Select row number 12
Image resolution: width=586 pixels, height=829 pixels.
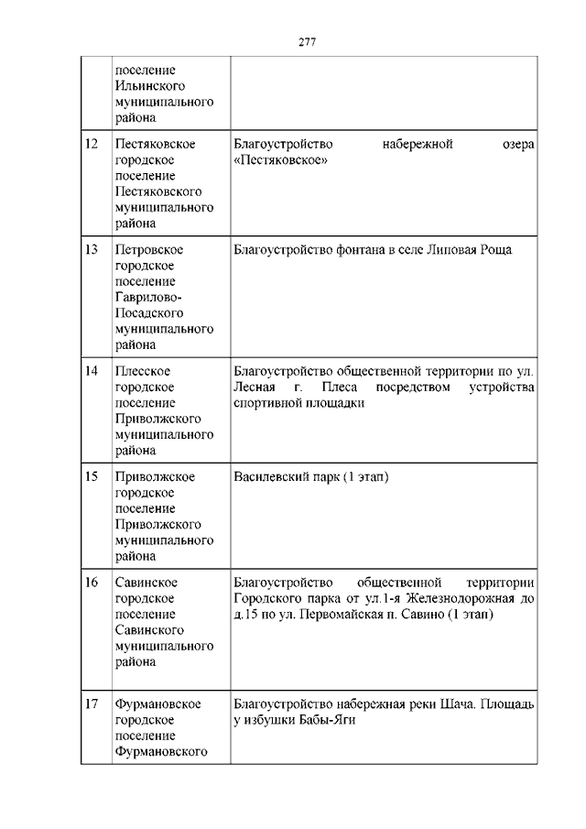[91, 144]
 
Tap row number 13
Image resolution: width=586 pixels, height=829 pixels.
[91, 249]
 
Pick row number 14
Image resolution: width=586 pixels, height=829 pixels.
[91, 371]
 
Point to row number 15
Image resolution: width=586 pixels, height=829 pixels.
[91, 476]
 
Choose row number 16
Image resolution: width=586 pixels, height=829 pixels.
[91, 582]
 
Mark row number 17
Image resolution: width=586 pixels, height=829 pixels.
[91, 704]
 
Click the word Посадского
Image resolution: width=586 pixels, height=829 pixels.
[150, 312]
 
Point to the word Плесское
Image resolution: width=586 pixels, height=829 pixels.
[143, 371]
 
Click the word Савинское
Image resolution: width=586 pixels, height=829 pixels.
[146, 582]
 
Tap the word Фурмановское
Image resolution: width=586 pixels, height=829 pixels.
[157, 704]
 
